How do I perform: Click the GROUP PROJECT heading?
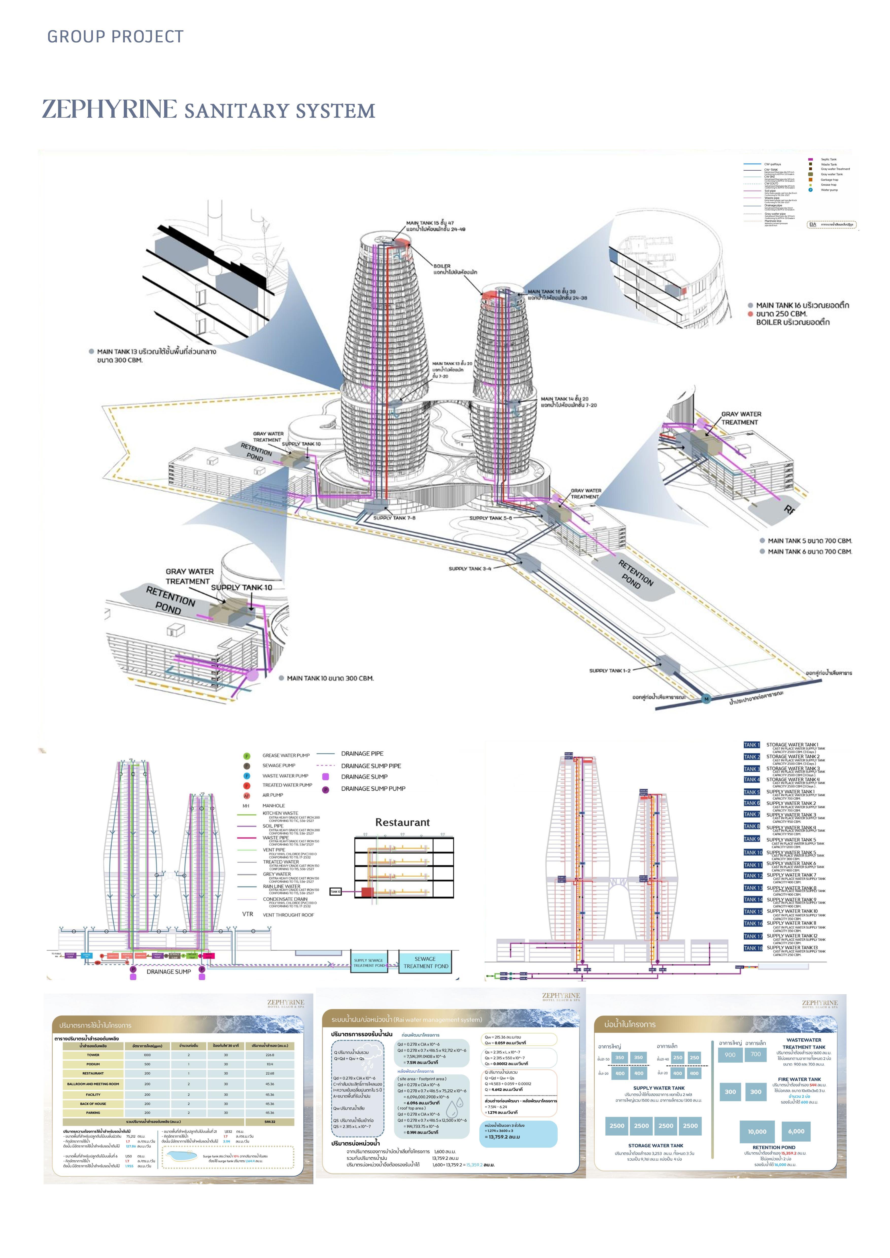[115, 37]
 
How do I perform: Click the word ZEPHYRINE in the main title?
[110, 109]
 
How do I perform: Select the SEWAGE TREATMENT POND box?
[426, 963]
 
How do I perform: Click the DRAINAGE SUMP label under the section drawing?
[169, 971]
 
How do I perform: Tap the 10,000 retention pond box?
[757, 1131]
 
